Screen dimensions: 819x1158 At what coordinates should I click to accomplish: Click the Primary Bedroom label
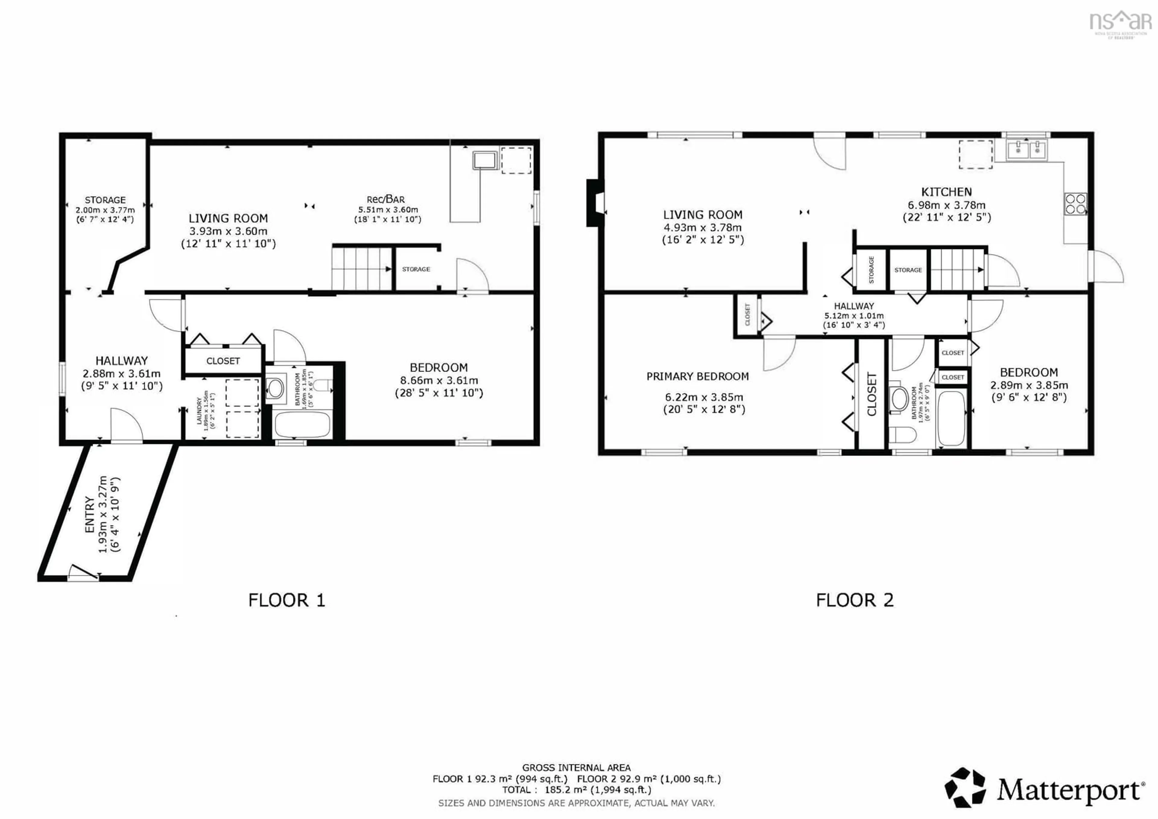[698, 376]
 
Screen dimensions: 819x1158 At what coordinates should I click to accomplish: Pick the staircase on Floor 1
[361, 269]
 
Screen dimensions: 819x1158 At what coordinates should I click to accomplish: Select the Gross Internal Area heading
[576, 767]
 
